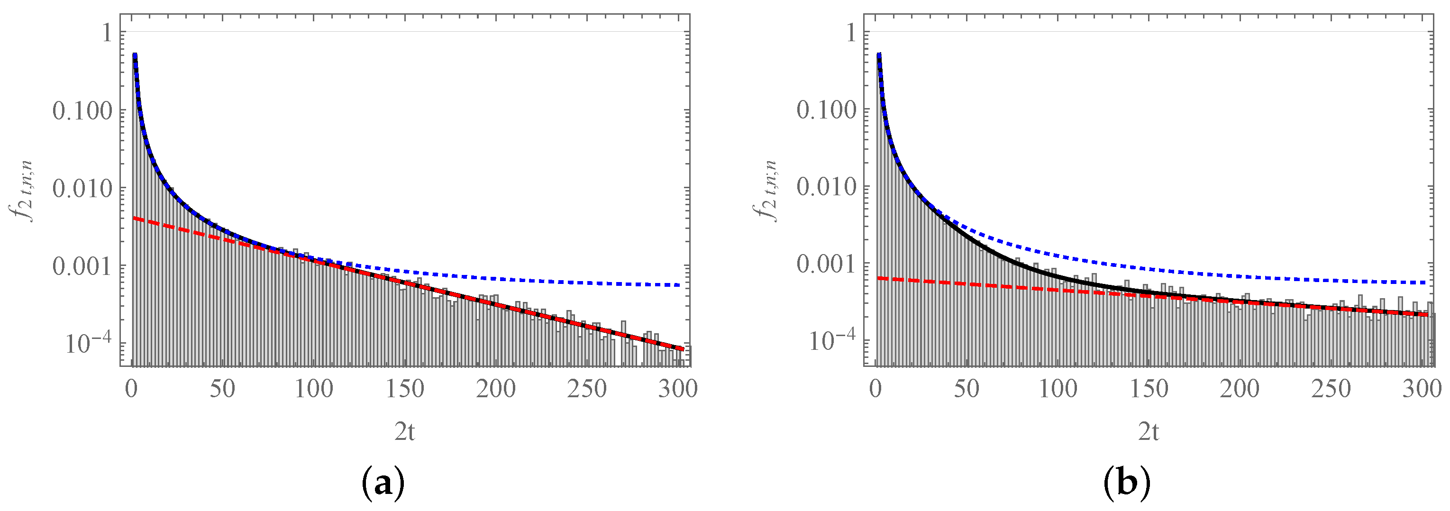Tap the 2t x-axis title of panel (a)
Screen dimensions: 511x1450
pos(405,432)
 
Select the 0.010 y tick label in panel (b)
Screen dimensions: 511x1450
pos(826,188)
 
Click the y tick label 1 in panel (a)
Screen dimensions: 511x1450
pos(106,33)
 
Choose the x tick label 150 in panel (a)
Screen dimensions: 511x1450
pos(405,389)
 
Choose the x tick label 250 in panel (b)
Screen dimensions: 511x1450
pos(1331,389)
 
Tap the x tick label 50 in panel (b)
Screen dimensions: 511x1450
pos(966,389)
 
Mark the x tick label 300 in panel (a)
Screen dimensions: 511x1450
pos(678,389)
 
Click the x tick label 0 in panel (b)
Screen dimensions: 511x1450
pos(875,389)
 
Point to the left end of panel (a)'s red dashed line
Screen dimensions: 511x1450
pos(134,218)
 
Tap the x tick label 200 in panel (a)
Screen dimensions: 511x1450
pos(495,389)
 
